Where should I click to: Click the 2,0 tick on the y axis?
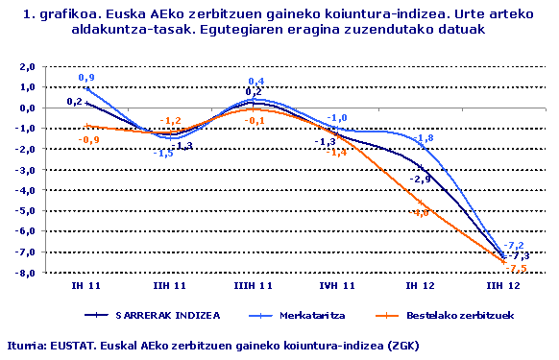click(27, 66)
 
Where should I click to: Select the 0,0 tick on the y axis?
click(27, 108)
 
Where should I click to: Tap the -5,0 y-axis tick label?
click(26, 211)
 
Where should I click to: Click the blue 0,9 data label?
click(86, 77)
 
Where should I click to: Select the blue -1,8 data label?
click(425, 138)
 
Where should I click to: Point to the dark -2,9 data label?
click(421, 180)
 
